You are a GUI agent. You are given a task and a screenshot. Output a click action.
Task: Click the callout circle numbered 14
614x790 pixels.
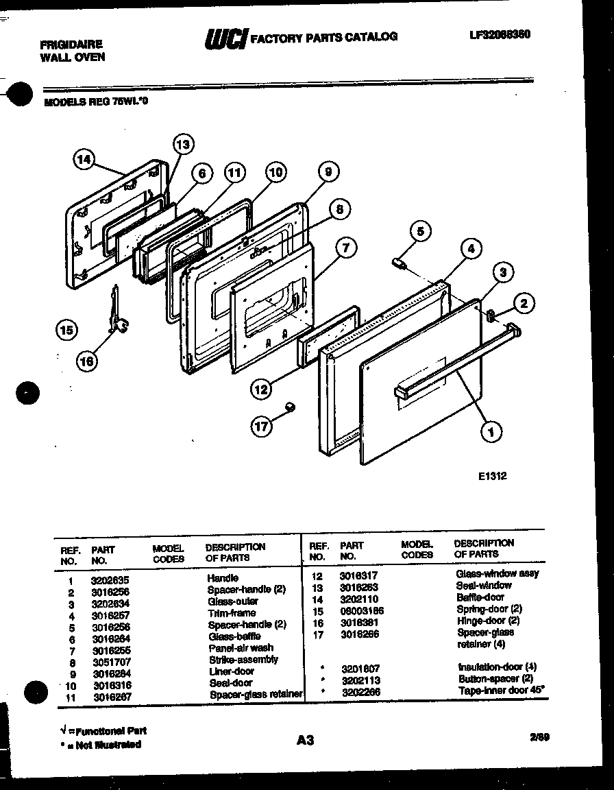(84, 160)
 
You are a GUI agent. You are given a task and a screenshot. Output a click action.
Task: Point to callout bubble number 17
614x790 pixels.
(262, 426)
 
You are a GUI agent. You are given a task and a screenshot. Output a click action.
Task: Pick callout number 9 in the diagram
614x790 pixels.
(328, 171)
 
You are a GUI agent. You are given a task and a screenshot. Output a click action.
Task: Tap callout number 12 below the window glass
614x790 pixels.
(261, 390)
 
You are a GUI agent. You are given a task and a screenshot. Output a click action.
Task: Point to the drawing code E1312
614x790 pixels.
(493, 476)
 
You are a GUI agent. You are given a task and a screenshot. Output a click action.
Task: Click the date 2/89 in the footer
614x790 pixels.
(539, 738)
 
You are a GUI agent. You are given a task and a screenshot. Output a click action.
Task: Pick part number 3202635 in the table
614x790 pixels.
(110, 579)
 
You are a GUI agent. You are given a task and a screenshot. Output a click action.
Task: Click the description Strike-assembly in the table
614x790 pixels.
(243, 659)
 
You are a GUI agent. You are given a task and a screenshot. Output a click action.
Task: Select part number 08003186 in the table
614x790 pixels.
(361, 610)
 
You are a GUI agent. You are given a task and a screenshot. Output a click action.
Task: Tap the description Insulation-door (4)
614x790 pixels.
(497, 667)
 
